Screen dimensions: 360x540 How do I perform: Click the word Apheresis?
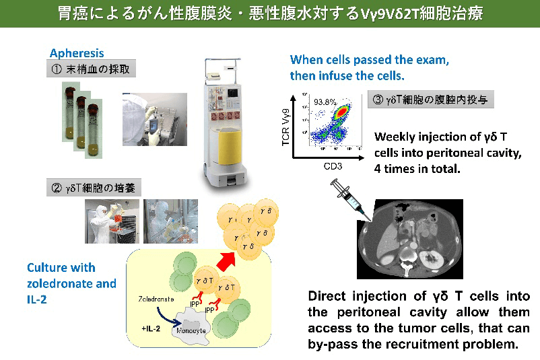click(75, 52)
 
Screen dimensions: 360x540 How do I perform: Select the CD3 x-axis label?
click(334, 164)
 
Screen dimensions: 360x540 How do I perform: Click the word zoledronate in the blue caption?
click(57, 283)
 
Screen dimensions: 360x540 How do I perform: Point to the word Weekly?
click(397, 137)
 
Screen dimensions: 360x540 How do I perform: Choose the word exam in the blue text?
click(432, 60)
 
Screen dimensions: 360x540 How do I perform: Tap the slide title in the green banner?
click(270, 13)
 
